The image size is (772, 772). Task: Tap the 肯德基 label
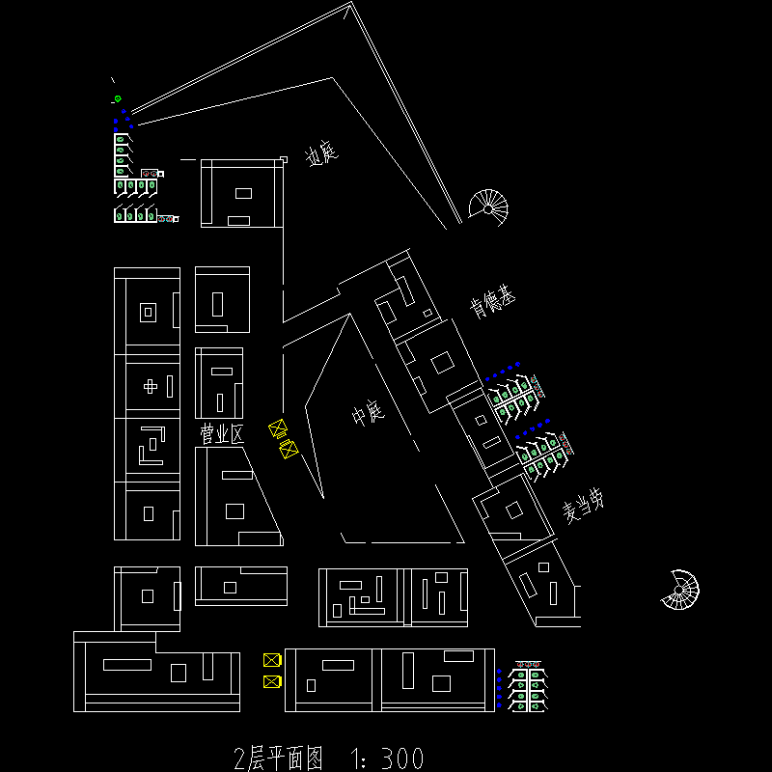492,303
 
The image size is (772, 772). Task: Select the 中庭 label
368,415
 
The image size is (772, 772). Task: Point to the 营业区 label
222,434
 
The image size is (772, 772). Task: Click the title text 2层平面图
279,758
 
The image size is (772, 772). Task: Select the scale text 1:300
384,758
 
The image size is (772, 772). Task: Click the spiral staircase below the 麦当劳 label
681,590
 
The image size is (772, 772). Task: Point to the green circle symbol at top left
118,98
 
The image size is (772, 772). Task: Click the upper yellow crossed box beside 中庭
278,428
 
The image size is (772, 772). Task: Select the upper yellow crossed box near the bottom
272,660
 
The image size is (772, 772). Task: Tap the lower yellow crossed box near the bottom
272,682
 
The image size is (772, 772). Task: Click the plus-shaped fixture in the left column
150,386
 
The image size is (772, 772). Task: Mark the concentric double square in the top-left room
148,312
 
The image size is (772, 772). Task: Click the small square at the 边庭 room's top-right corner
284,159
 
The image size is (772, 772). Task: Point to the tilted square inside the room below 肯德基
442,364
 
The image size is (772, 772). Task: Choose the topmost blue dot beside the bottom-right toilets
499,671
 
